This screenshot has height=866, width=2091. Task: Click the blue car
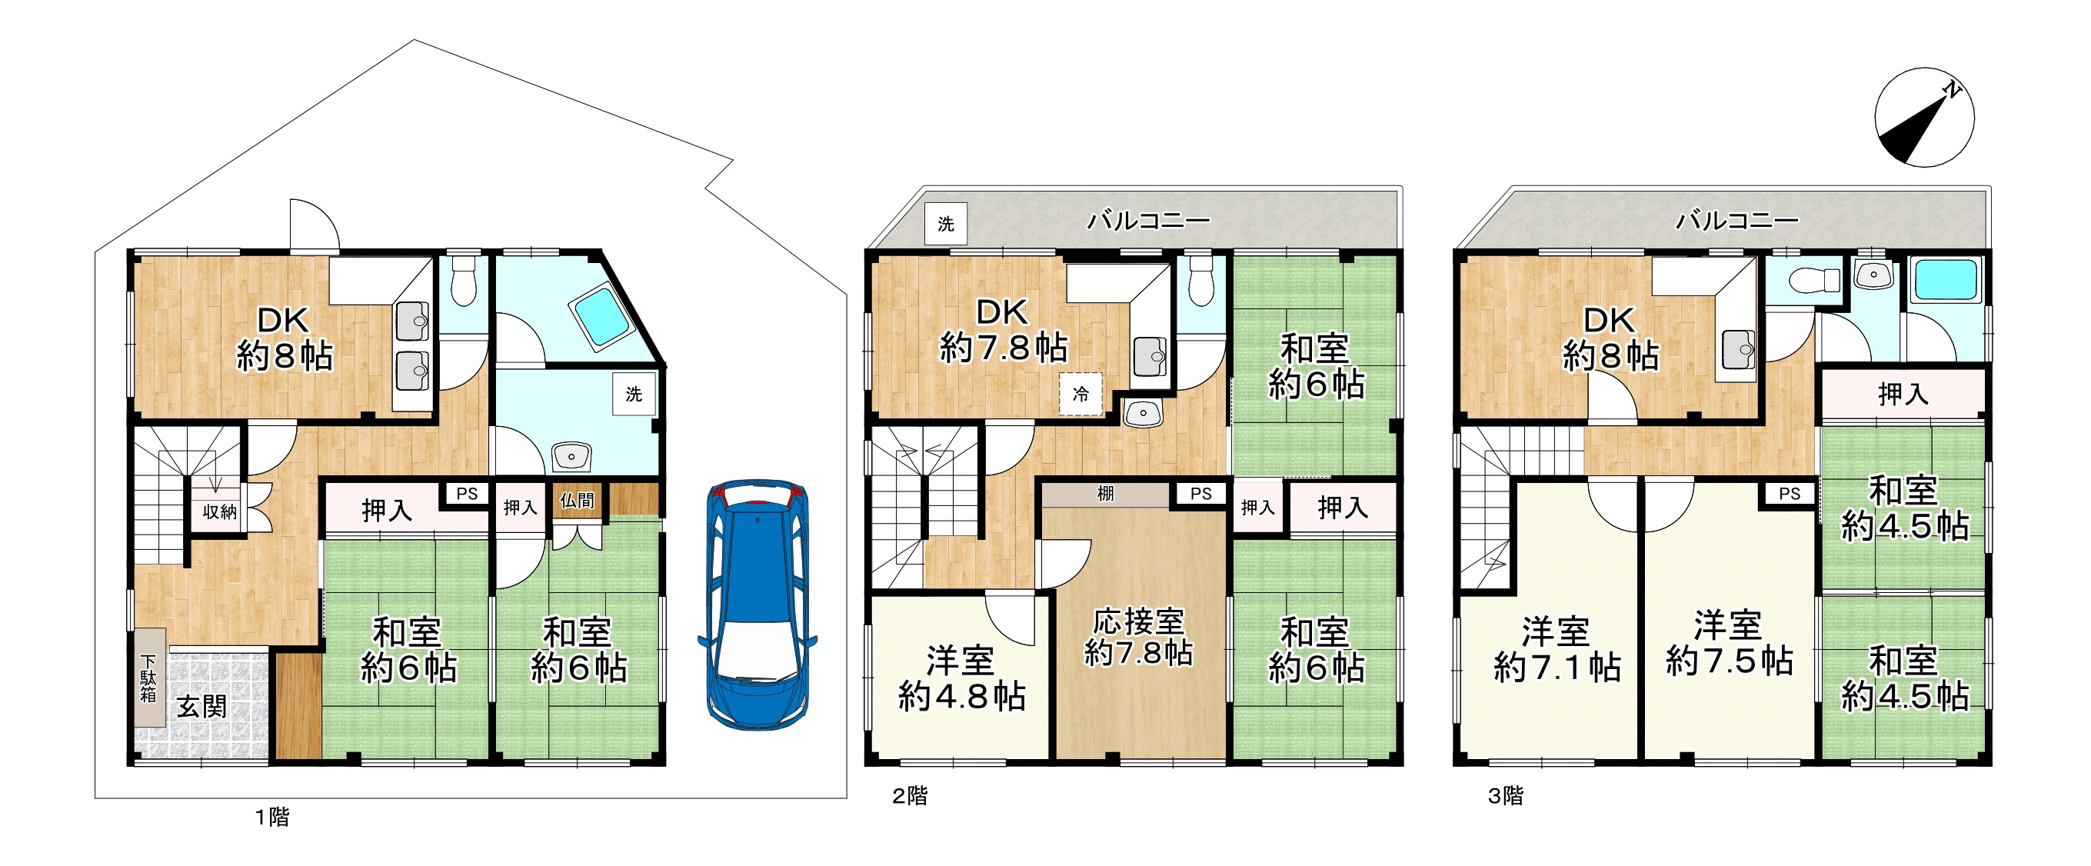757,604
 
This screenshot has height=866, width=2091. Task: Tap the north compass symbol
1924,118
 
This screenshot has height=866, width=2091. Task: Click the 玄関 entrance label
201,706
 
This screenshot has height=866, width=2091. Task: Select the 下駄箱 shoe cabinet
150,677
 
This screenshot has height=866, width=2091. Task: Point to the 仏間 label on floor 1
577,501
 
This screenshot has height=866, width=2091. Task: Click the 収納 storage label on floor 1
219,511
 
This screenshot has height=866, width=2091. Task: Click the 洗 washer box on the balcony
946,223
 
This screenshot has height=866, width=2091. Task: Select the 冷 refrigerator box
1081,395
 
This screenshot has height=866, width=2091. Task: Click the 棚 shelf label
1106,494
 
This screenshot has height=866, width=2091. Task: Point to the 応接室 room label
1138,621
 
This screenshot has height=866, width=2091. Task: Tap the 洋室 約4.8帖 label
962,678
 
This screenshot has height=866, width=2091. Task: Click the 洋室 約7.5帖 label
1729,644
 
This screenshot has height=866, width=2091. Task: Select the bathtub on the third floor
1946,280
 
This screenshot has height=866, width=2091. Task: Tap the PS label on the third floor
1790,494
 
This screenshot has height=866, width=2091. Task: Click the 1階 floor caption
272,817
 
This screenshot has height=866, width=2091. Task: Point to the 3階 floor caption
1506,796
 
